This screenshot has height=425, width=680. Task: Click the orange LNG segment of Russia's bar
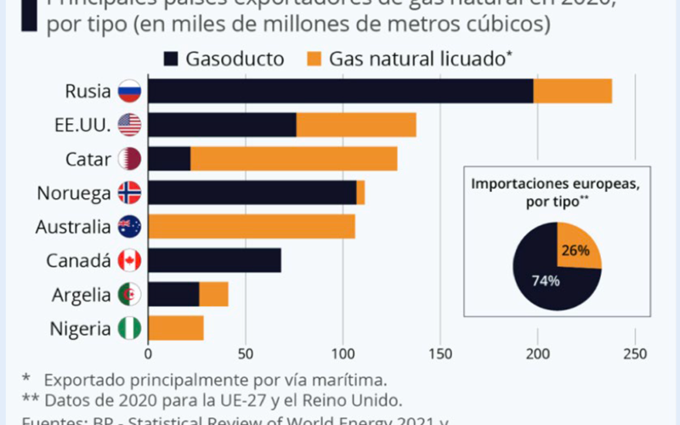(572, 91)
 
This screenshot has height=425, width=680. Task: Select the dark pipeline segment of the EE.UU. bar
(222, 125)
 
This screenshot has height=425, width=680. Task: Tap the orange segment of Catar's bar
(293, 159)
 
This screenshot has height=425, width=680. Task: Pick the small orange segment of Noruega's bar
(360, 193)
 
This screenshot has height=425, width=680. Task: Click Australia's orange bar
(251, 227)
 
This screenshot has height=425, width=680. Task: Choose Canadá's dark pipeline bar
(214, 261)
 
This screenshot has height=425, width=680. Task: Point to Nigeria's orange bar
(176, 329)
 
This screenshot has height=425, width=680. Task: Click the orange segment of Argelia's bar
(213, 295)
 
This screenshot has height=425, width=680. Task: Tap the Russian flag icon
(130, 91)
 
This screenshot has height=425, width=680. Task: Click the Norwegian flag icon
(130, 193)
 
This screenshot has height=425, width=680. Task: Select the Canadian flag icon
(130, 261)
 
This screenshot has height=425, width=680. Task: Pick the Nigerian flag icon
(130, 329)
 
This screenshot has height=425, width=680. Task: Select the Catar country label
(88, 159)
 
